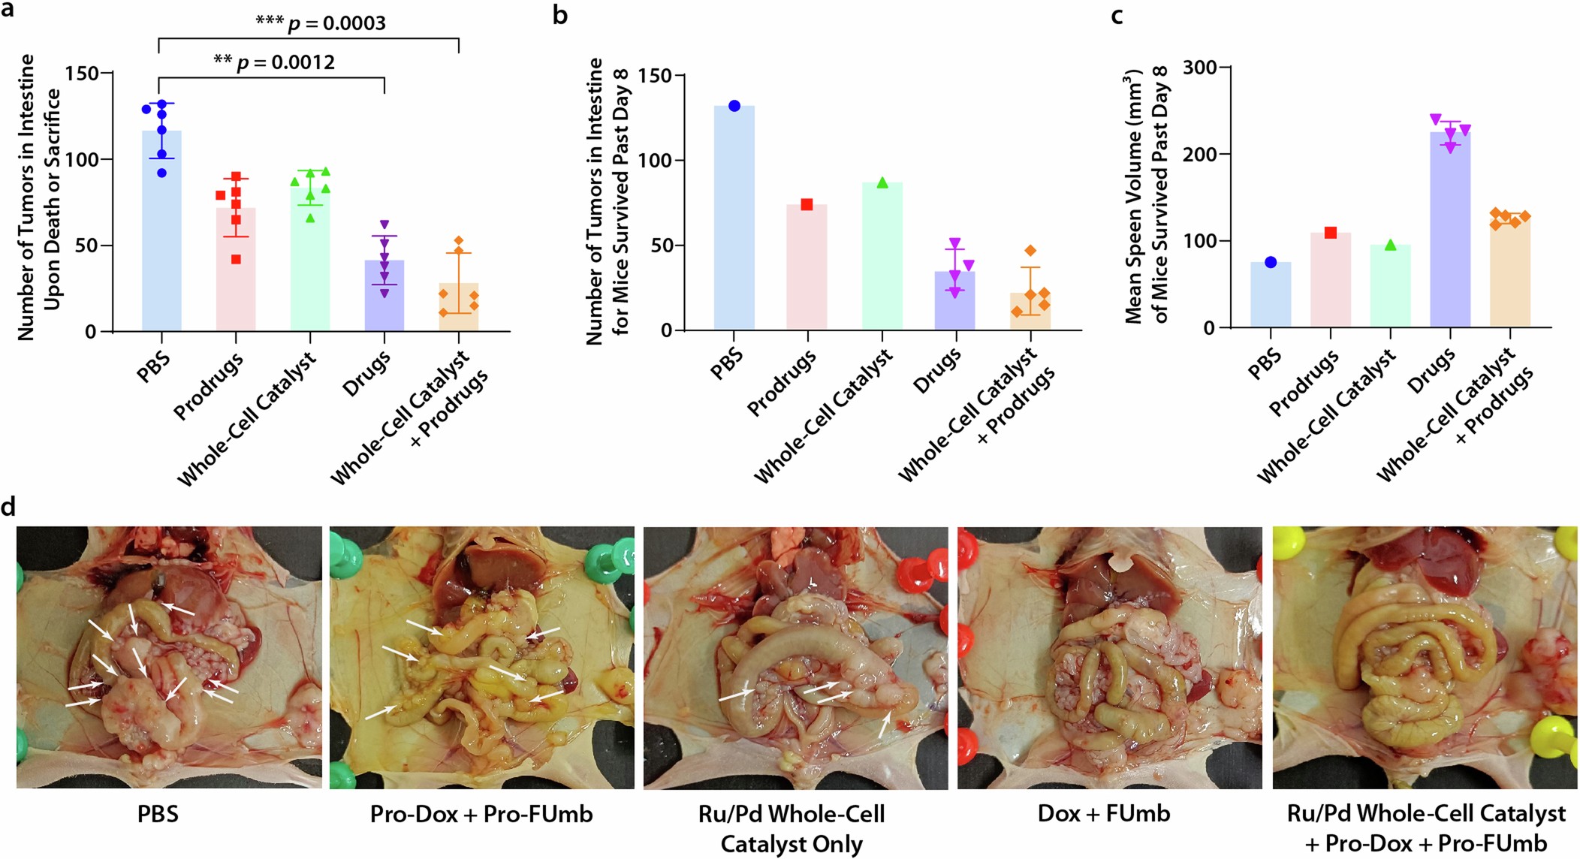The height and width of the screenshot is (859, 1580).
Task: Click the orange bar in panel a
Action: (x=459, y=308)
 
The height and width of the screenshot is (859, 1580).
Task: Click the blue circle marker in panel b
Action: (x=734, y=106)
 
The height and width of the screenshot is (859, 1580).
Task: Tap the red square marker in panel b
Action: (x=807, y=204)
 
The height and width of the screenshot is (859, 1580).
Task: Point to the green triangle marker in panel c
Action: (x=1390, y=246)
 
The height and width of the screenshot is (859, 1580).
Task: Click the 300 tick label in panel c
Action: (x=1199, y=68)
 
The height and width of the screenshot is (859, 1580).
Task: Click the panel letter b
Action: (x=559, y=15)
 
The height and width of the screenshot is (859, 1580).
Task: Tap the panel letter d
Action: (x=8, y=507)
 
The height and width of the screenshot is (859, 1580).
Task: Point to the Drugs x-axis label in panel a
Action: (x=367, y=374)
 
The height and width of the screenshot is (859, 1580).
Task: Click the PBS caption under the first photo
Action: (x=158, y=814)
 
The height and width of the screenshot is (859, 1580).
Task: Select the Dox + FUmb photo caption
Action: (x=1103, y=814)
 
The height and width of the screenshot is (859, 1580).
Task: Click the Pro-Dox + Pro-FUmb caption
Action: (x=481, y=814)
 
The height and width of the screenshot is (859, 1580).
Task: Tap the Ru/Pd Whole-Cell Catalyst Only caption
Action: (x=792, y=828)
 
